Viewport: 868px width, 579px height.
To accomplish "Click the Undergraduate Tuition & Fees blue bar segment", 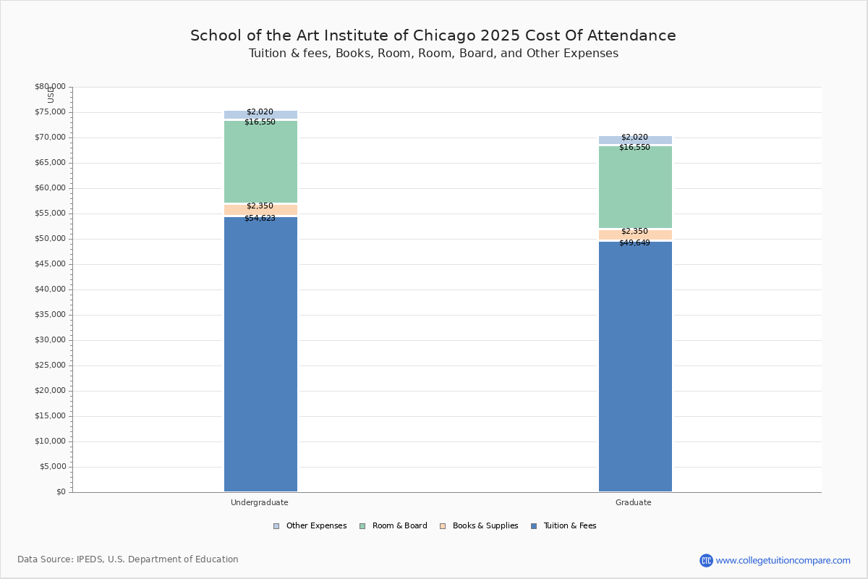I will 260,355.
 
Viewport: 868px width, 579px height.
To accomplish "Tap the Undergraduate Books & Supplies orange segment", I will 260,211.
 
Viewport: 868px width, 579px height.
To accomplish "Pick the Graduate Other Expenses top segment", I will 635,140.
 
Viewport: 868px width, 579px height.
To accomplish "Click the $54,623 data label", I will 260,219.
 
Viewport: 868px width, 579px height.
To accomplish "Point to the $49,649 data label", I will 634,243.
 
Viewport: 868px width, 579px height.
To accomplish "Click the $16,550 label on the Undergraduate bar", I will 260,122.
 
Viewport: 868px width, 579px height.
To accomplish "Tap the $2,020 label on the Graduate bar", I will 634,138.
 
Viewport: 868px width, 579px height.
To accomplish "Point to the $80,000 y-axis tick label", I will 50,87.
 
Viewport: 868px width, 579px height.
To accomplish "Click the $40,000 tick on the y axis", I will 50,289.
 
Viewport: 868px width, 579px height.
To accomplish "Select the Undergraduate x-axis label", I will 260,502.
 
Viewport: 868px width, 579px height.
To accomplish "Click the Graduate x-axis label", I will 634,502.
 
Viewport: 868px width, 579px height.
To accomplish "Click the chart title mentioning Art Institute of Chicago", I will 433,36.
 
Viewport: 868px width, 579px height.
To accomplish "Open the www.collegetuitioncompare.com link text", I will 783,560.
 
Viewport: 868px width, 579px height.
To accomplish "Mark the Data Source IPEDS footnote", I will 128,559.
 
